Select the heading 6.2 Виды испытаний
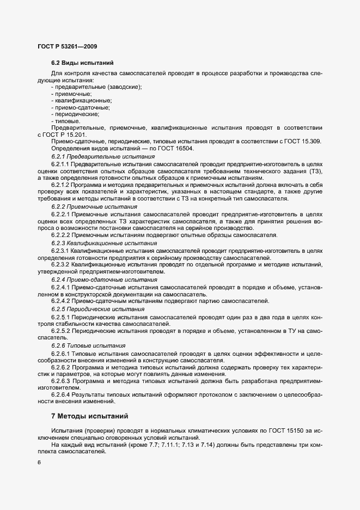[82, 63]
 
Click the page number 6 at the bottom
[39, 463]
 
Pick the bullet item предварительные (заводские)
[96, 87]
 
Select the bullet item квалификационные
[81, 100]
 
